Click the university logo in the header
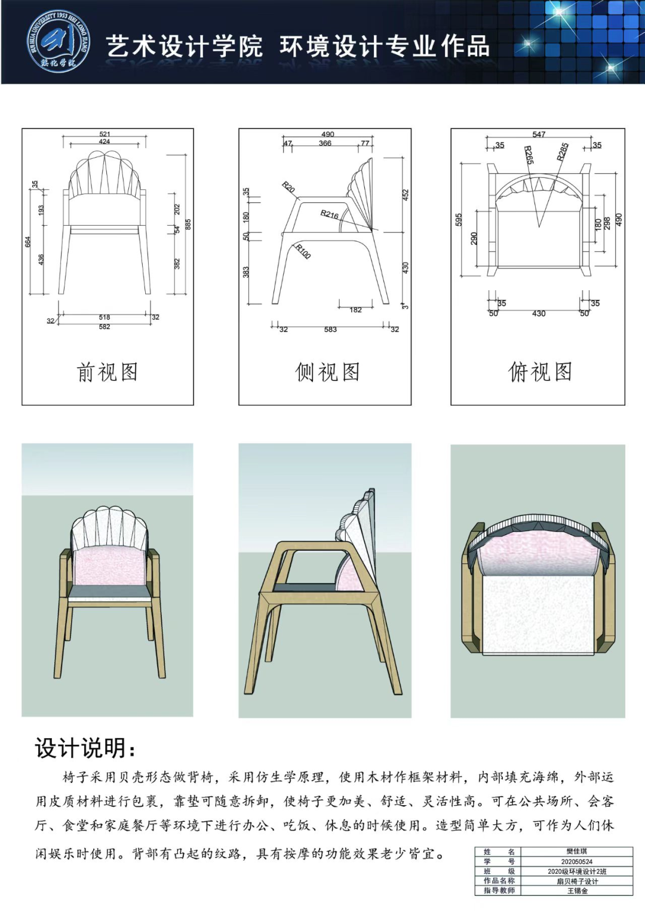(x=59, y=42)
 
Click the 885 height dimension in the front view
(x=188, y=225)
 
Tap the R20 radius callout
(x=288, y=188)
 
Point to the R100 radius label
(x=303, y=251)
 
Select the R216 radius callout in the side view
(x=330, y=214)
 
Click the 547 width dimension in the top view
(x=539, y=134)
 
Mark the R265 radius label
(x=529, y=155)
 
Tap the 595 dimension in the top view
(x=459, y=219)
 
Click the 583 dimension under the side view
(x=330, y=329)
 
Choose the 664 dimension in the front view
(x=27, y=242)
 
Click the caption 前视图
(x=107, y=372)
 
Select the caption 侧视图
(x=327, y=372)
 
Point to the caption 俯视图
(x=540, y=372)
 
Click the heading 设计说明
(x=85, y=747)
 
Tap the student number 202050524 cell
(x=576, y=861)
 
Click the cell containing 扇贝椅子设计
(x=576, y=881)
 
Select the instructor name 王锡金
(x=576, y=890)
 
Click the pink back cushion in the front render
(x=109, y=567)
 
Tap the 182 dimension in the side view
(x=355, y=310)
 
